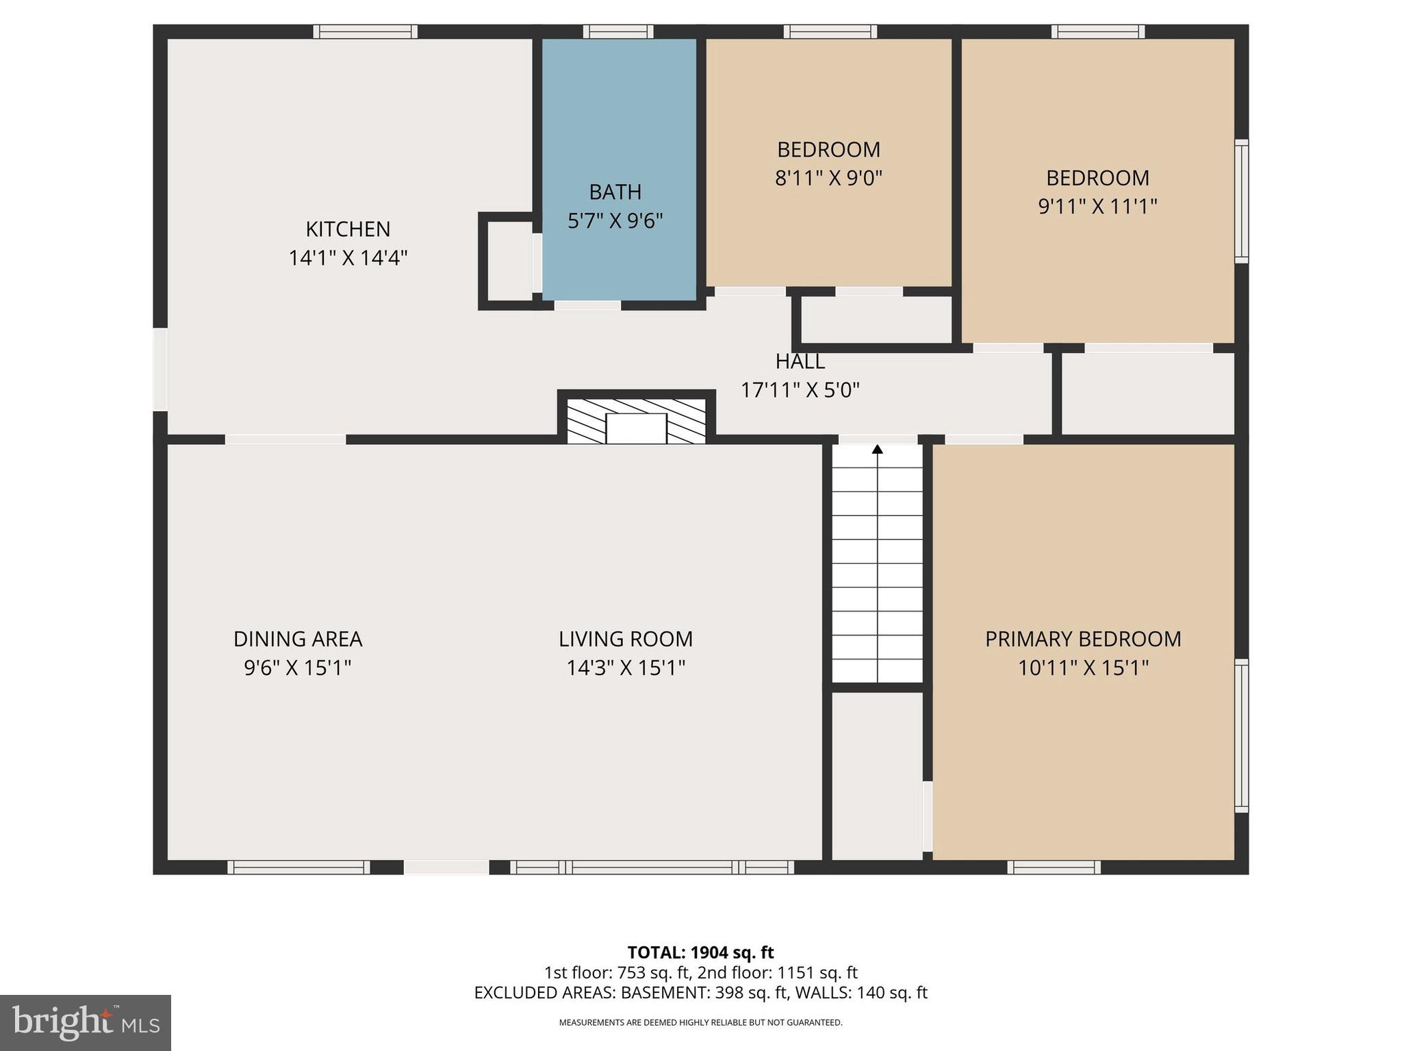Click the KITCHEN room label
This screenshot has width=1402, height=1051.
(x=348, y=229)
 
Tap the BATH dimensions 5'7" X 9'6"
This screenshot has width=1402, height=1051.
(x=615, y=220)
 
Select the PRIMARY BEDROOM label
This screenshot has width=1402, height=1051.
(x=1083, y=638)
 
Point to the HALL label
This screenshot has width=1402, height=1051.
(x=800, y=361)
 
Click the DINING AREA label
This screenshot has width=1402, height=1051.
(x=298, y=638)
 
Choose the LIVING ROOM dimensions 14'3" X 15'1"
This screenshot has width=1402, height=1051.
(x=626, y=667)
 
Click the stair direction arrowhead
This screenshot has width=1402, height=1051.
(x=877, y=450)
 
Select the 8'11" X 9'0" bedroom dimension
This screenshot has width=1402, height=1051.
(x=828, y=178)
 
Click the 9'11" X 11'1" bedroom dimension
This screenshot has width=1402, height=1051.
(x=1097, y=206)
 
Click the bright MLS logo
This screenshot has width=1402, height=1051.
(x=85, y=1022)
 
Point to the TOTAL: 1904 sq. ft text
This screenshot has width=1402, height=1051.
(x=700, y=952)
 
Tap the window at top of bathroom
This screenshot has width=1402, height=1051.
(x=618, y=31)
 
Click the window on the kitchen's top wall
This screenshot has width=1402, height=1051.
(x=366, y=31)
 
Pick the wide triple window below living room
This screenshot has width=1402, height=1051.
(x=652, y=868)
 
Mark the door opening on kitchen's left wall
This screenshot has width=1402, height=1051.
(x=160, y=369)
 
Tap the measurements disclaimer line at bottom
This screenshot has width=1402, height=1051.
(x=700, y=1022)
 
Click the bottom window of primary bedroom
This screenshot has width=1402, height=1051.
(x=1054, y=868)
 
